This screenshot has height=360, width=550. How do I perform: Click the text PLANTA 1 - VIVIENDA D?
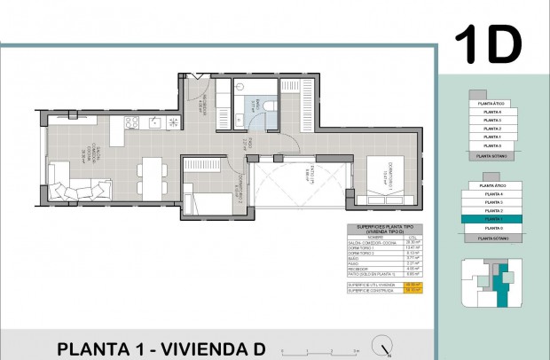tap(161, 348)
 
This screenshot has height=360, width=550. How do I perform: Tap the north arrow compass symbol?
tap(383, 344)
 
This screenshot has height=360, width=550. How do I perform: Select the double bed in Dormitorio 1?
tap(387, 176)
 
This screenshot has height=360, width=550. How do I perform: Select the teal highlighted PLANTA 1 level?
tap(491, 218)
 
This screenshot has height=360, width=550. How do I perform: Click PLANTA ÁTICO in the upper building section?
tap(491, 105)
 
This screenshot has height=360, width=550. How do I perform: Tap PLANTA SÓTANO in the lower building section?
tap(491, 238)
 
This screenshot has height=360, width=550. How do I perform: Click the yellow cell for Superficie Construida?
tap(412, 290)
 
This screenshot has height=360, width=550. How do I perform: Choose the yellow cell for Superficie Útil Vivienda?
tap(412, 284)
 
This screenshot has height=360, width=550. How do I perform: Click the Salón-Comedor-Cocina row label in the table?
tap(365, 241)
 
